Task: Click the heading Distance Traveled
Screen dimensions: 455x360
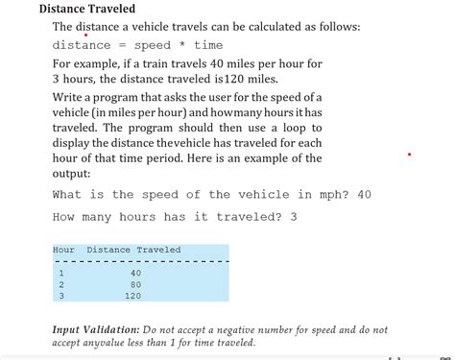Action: point(86,9)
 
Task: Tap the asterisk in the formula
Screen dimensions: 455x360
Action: point(181,45)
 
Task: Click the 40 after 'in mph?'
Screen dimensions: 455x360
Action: point(364,195)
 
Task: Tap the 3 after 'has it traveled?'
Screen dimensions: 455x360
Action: point(293,217)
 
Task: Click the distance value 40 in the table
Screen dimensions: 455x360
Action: point(135,273)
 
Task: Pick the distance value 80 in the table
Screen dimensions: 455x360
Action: point(135,284)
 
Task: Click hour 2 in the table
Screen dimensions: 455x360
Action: point(61,284)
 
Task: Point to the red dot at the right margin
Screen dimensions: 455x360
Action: point(410,154)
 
